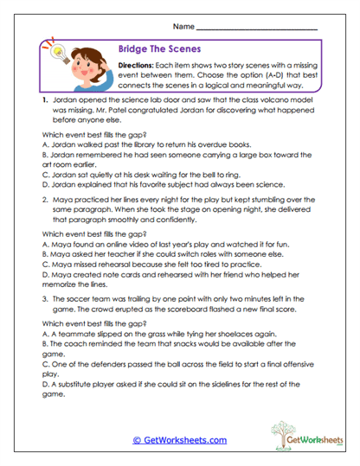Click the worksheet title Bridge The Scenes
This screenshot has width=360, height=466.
(155, 51)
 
